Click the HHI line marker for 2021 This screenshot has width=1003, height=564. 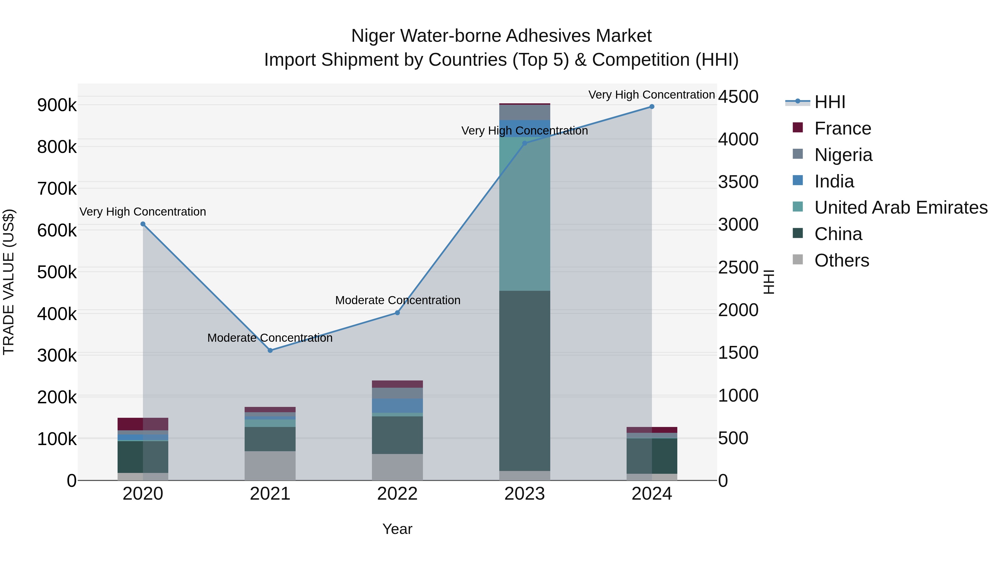[x=270, y=350]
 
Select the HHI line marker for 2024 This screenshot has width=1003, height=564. [x=652, y=107]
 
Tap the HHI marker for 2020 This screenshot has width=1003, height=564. [x=143, y=224]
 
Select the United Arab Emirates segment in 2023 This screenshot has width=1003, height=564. [x=524, y=214]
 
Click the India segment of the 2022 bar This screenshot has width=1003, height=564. [x=397, y=405]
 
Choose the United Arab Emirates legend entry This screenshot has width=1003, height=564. [x=900, y=207]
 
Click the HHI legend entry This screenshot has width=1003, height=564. [x=829, y=102]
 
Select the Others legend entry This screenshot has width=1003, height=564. [x=841, y=260]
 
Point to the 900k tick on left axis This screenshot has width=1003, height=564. [x=57, y=105]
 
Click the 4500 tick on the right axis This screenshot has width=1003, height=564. [x=738, y=97]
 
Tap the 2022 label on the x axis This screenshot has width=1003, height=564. [x=397, y=494]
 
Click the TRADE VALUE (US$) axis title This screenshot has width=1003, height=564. [x=9, y=282]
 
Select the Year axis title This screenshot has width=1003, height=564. [x=397, y=529]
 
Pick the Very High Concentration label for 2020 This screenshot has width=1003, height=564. [x=143, y=211]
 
